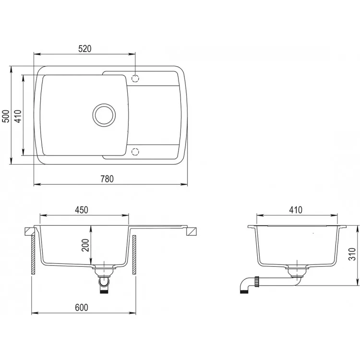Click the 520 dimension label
click(x=84, y=49)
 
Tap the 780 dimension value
click(x=107, y=179)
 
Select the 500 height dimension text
click(x=7, y=116)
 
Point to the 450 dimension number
click(x=82, y=210)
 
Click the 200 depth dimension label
click(x=85, y=245)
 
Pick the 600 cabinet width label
click(x=82, y=307)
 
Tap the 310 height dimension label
click(x=352, y=254)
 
